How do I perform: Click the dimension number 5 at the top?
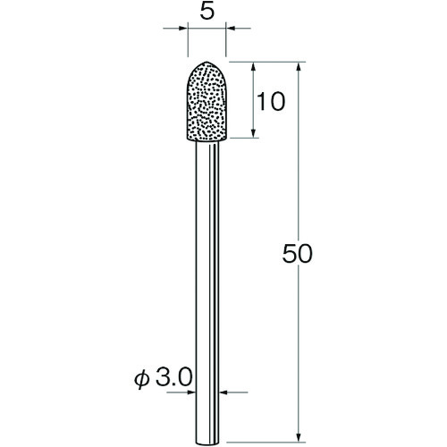207,12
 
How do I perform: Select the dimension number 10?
271,101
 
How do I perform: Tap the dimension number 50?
297,254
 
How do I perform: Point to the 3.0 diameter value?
173,377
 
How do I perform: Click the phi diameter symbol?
141,379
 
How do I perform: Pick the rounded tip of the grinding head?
207,63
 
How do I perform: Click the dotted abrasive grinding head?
207,101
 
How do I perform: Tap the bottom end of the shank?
207,443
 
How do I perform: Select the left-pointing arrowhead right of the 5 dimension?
231,29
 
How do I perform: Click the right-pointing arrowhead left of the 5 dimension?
183,29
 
